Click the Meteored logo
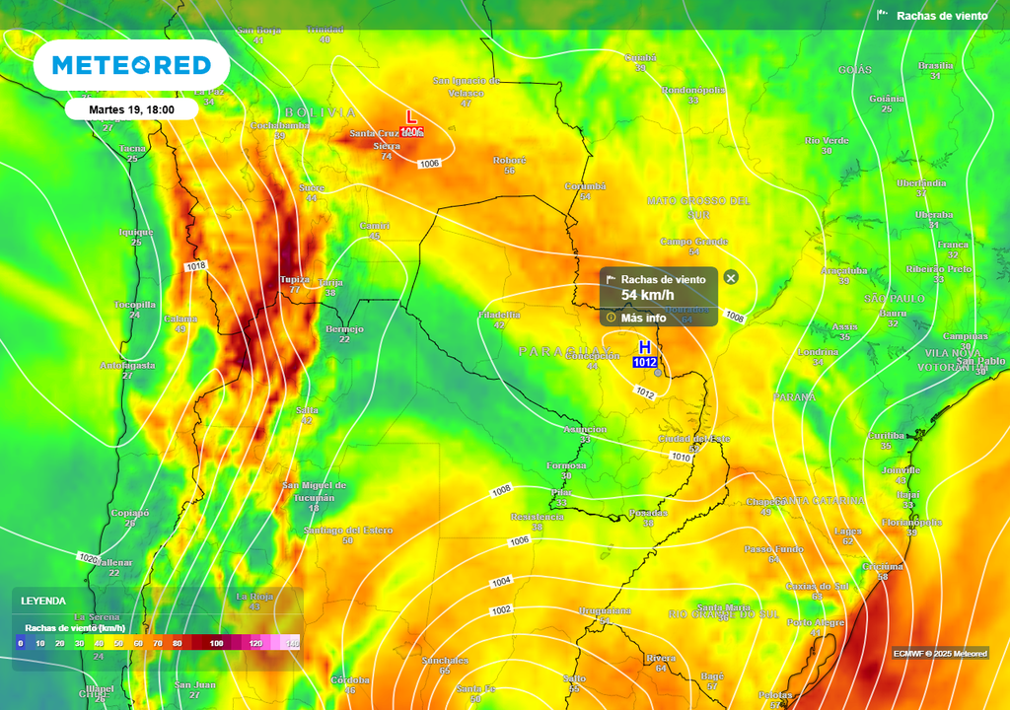(x=131, y=65)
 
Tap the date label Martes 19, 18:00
(x=131, y=109)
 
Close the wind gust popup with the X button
(x=731, y=278)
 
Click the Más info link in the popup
(x=642, y=318)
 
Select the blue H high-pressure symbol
(x=645, y=348)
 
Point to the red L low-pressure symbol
(x=412, y=117)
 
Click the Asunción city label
(x=585, y=430)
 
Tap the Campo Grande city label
(x=693, y=241)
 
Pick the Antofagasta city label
(x=127, y=365)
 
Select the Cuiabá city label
(x=640, y=57)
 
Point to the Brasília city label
(x=935, y=65)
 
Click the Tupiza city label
(x=294, y=279)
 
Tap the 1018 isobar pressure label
(x=195, y=266)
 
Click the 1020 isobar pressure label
(x=88, y=558)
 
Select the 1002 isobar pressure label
(x=501, y=610)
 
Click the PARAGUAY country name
(x=564, y=351)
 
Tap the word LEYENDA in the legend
(x=44, y=601)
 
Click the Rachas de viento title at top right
(x=942, y=16)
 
